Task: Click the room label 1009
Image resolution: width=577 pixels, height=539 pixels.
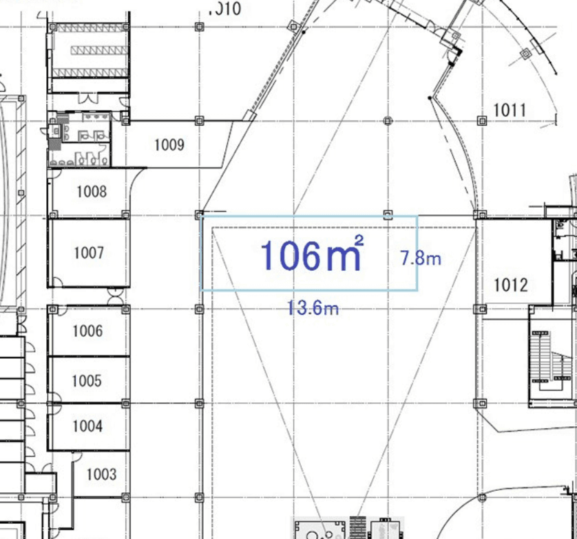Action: [169, 145]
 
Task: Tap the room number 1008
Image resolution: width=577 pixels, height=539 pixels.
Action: [92, 191]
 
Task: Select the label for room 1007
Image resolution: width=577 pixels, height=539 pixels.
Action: [89, 253]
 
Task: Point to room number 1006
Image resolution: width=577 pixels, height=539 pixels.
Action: [87, 331]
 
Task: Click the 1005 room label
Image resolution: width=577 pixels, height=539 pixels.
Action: [87, 381]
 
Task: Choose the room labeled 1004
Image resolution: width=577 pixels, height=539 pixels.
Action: [87, 426]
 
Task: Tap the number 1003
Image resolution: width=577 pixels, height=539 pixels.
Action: [102, 474]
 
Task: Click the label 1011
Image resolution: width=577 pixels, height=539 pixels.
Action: [510, 110]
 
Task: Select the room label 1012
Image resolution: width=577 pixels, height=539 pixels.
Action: [511, 285]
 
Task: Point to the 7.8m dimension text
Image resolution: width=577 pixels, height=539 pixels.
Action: [421, 258]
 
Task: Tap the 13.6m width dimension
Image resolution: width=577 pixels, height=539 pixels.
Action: [313, 308]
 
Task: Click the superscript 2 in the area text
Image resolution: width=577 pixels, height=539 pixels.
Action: [359, 240]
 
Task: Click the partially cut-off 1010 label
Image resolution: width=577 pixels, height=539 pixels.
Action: [225, 9]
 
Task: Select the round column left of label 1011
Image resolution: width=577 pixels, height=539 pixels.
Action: [388, 120]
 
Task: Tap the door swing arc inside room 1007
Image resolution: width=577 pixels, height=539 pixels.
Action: [57, 282]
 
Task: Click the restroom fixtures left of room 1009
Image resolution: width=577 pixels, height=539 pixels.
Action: [80, 140]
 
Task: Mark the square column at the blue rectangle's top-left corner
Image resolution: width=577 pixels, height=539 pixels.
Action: [200, 214]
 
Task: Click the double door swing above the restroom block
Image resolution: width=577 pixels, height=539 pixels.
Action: [88, 98]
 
